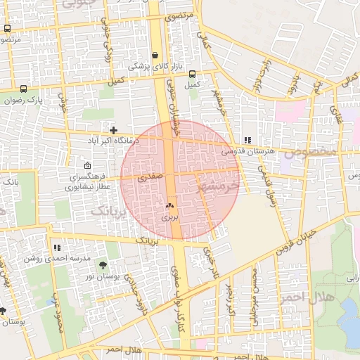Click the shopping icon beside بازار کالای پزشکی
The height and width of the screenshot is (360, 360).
(155, 55)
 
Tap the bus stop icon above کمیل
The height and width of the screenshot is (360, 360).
(192, 74)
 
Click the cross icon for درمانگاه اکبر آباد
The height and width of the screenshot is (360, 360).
(113, 130)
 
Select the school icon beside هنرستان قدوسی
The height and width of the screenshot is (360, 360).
(246, 140)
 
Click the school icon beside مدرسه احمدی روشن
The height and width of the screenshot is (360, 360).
(57, 247)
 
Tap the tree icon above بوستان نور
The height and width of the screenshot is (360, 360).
(103, 265)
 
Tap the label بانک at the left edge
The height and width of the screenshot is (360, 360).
(10, 182)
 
